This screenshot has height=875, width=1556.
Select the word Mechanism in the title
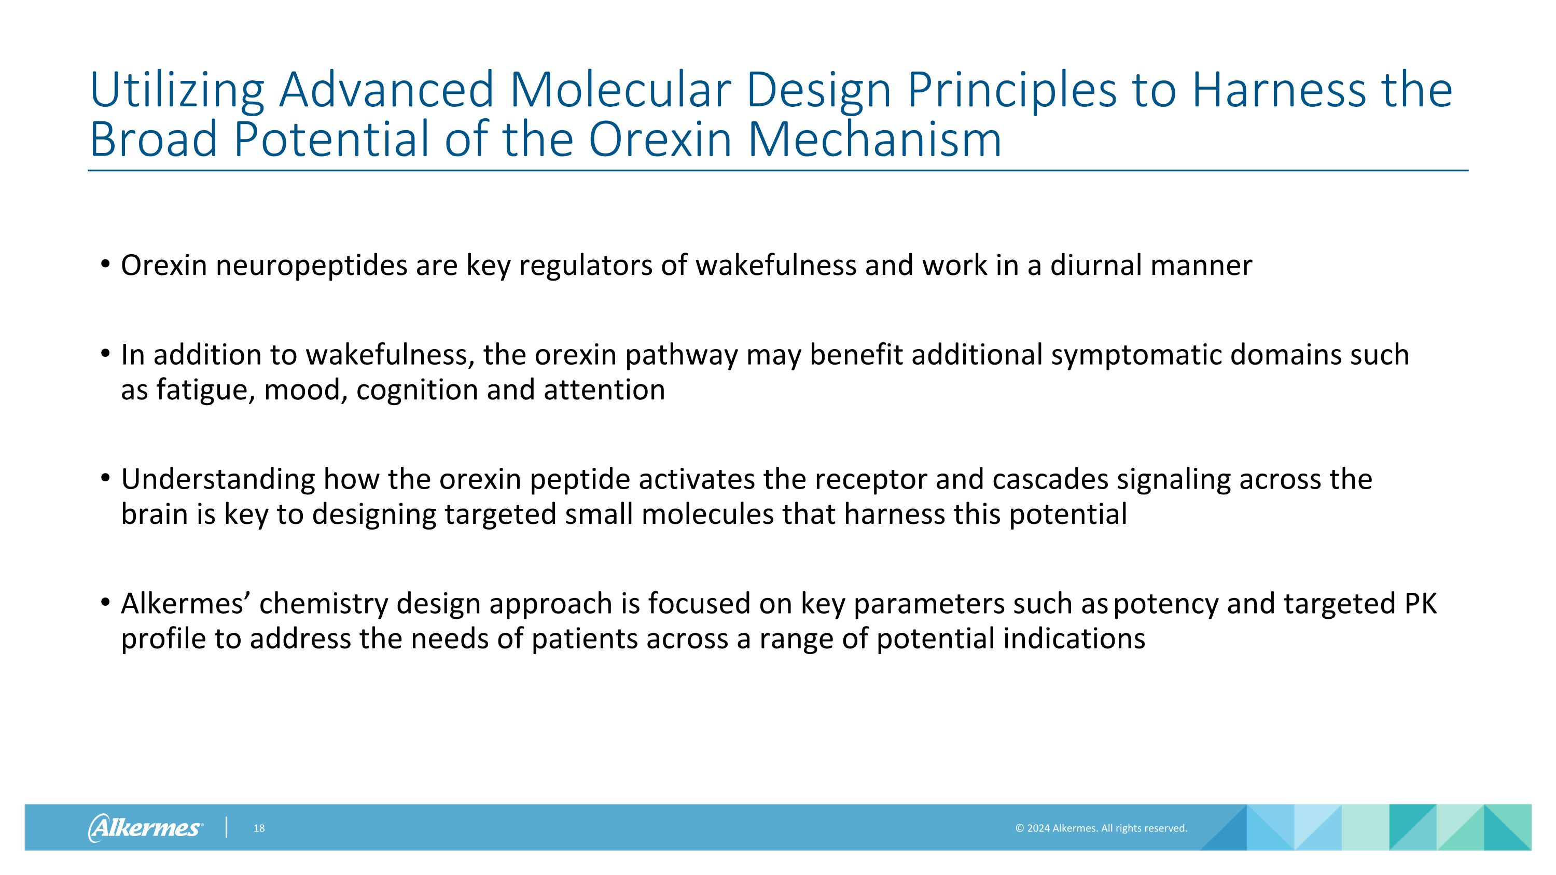[x=874, y=139]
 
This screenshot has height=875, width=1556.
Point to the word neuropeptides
[x=311, y=266]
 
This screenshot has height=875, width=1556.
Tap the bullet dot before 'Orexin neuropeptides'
[x=105, y=264]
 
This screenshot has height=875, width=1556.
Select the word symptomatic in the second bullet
[x=1135, y=355]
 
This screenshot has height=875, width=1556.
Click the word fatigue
[x=205, y=390]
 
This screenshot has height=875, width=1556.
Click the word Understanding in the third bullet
[x=217, y=479]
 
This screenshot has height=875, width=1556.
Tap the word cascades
[x=1049, y=479]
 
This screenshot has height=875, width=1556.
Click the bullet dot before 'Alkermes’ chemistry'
[x=105, y=602]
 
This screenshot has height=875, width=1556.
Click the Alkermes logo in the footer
[x=145, y=827]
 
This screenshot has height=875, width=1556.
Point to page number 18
[x=259, y=828]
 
